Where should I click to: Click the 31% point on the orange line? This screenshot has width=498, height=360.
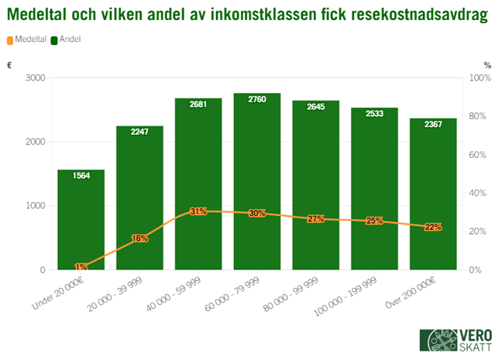pyautogui.click(x=198, y=211)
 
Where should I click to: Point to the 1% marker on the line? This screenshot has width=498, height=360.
pyautogui.click(x=81, y=267)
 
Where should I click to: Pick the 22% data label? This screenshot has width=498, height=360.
pyautogui.click(x=433, y=227)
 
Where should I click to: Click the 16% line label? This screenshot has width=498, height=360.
pyautogui.click(x=140, y=238)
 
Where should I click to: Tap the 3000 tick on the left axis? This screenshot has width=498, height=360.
pyautogui.click(x=35, y=77)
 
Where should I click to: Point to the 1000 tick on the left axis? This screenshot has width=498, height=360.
pyautogui.click(x=35, y=206)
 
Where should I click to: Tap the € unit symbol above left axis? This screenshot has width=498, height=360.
pyautogui.click(x=9, y=65)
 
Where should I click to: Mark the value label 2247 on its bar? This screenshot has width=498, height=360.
pyautogui.click(x=139, y=132)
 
